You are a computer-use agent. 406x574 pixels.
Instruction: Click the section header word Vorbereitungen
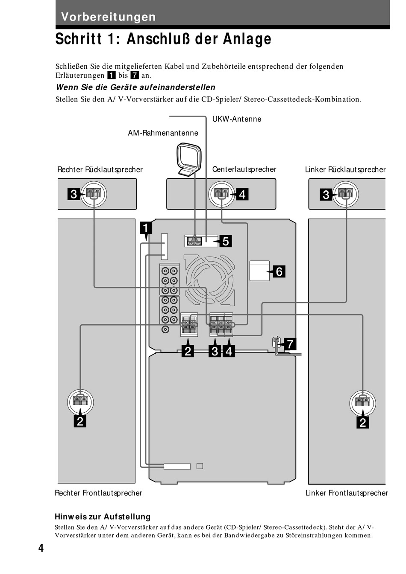[x=108, y=17]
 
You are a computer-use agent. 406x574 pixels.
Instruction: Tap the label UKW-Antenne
[x=236, y=119]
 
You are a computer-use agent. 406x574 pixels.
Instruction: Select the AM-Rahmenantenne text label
[x=163, y=133]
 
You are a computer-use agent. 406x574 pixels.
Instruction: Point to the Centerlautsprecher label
[x=244, y=169]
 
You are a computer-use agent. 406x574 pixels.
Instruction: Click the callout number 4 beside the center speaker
[x=242, y=195]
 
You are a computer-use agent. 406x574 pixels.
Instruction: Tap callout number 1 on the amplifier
[x=146, y=228]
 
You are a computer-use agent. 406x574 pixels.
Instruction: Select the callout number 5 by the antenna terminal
[x=225, y=241]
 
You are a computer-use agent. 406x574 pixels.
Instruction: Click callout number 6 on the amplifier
[x=279, y=271]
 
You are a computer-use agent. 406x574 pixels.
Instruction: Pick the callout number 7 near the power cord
[x=289, y=344]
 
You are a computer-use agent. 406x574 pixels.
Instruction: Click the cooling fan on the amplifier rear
[x=209, y=280]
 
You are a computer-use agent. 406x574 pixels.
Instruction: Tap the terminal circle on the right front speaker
[x=80, y=402]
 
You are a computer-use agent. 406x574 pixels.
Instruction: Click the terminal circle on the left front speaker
[x=362, y=402]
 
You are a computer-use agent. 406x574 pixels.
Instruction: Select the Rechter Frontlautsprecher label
[x=98, y=493]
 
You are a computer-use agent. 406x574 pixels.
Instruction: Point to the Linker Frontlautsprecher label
[x=346, y=493]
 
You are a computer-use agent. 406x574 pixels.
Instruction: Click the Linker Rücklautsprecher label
[x=345, y=170]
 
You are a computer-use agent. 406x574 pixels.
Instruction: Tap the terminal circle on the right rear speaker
[x=94, y=194]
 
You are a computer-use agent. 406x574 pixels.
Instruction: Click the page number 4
[x=41, y=548]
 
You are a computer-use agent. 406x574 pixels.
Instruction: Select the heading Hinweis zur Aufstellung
[x=103, y=517]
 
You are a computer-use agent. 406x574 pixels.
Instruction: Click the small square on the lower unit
[x=200, y=466]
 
